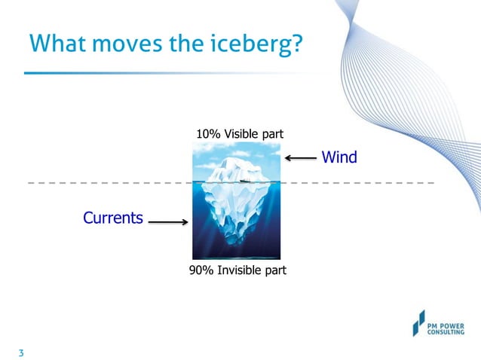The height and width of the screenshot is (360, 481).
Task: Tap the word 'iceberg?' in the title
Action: (x=259, y=44)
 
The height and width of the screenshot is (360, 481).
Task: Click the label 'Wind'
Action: (x=339, y=157)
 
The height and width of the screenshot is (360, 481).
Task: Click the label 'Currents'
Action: (x=112, y=218)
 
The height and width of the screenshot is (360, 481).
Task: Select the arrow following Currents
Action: (x=168, y=222)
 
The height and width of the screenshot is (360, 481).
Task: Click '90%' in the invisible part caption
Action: (x=201, y=270)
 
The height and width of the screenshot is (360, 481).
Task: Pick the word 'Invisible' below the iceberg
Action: (x=239, y=270)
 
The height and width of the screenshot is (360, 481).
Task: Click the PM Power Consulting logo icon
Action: (x=418, y=322)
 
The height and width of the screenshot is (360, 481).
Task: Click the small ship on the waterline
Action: (x=243, y=181)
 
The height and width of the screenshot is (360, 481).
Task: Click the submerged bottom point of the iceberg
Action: (x=239, y=245)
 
